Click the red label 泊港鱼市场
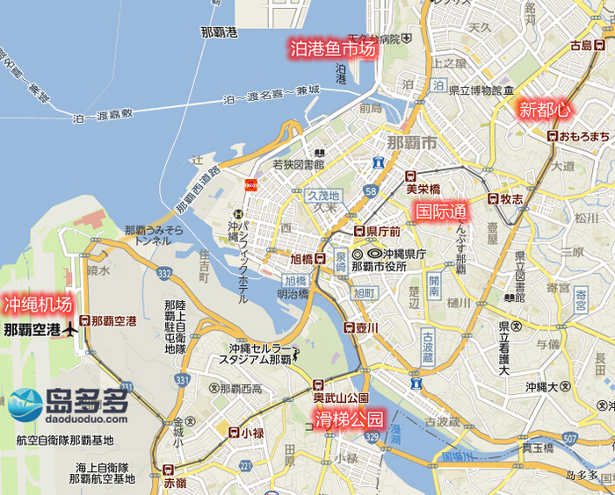pos(333,49)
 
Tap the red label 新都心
pos(545,110)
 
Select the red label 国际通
pos(440,212)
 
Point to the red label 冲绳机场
pos(37,305)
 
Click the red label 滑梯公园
pos(350,419)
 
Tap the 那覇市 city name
pos(411,142)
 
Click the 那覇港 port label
pos(219,32)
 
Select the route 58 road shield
pos(373,191)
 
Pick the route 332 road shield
pos(164,275)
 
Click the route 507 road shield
pos(572,438)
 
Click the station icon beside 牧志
pos(493,199)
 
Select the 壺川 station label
pos(367,327)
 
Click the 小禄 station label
pos(253,433)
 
